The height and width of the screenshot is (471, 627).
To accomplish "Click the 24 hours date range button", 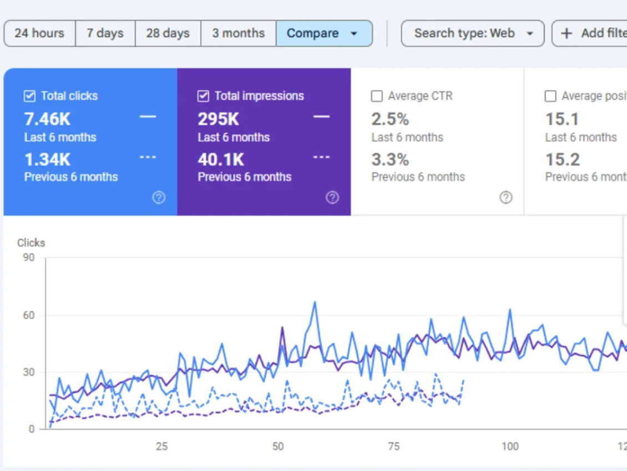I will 39,33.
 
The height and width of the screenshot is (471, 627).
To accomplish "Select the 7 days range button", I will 105,33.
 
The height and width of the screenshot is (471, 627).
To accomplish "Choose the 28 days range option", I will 168,33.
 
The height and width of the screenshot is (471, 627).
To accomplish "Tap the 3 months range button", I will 238,33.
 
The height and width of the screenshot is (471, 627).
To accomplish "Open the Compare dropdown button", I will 323,33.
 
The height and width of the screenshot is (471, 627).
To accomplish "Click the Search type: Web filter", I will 473,33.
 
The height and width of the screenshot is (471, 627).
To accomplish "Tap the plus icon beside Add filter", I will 567,34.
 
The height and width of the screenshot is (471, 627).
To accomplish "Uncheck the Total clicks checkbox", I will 30,96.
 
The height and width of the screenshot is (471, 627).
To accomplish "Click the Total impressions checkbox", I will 203,96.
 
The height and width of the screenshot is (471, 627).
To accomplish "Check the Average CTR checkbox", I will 377,96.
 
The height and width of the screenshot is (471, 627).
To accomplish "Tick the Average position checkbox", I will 550,96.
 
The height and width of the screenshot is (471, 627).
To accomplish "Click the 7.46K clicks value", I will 47,119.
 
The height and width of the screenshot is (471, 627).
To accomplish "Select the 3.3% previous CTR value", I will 390,160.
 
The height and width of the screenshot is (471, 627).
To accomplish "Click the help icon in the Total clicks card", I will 159,197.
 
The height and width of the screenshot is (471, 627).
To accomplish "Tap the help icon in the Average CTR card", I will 505,197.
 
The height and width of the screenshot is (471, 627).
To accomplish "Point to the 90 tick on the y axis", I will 28,258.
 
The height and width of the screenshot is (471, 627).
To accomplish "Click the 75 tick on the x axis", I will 393,446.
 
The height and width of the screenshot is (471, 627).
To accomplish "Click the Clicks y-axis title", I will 31,243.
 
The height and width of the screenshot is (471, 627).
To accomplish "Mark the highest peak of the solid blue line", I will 315,302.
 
